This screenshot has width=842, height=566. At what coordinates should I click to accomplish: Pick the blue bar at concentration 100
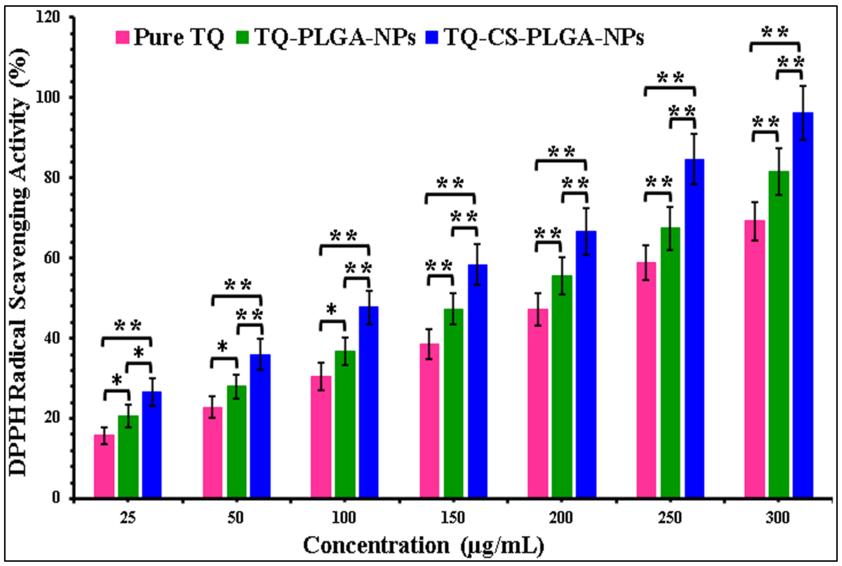point(369,402)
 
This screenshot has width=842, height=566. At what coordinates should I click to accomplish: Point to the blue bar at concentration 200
point(586,365)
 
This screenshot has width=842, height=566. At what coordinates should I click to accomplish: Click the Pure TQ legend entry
point(170,37)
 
